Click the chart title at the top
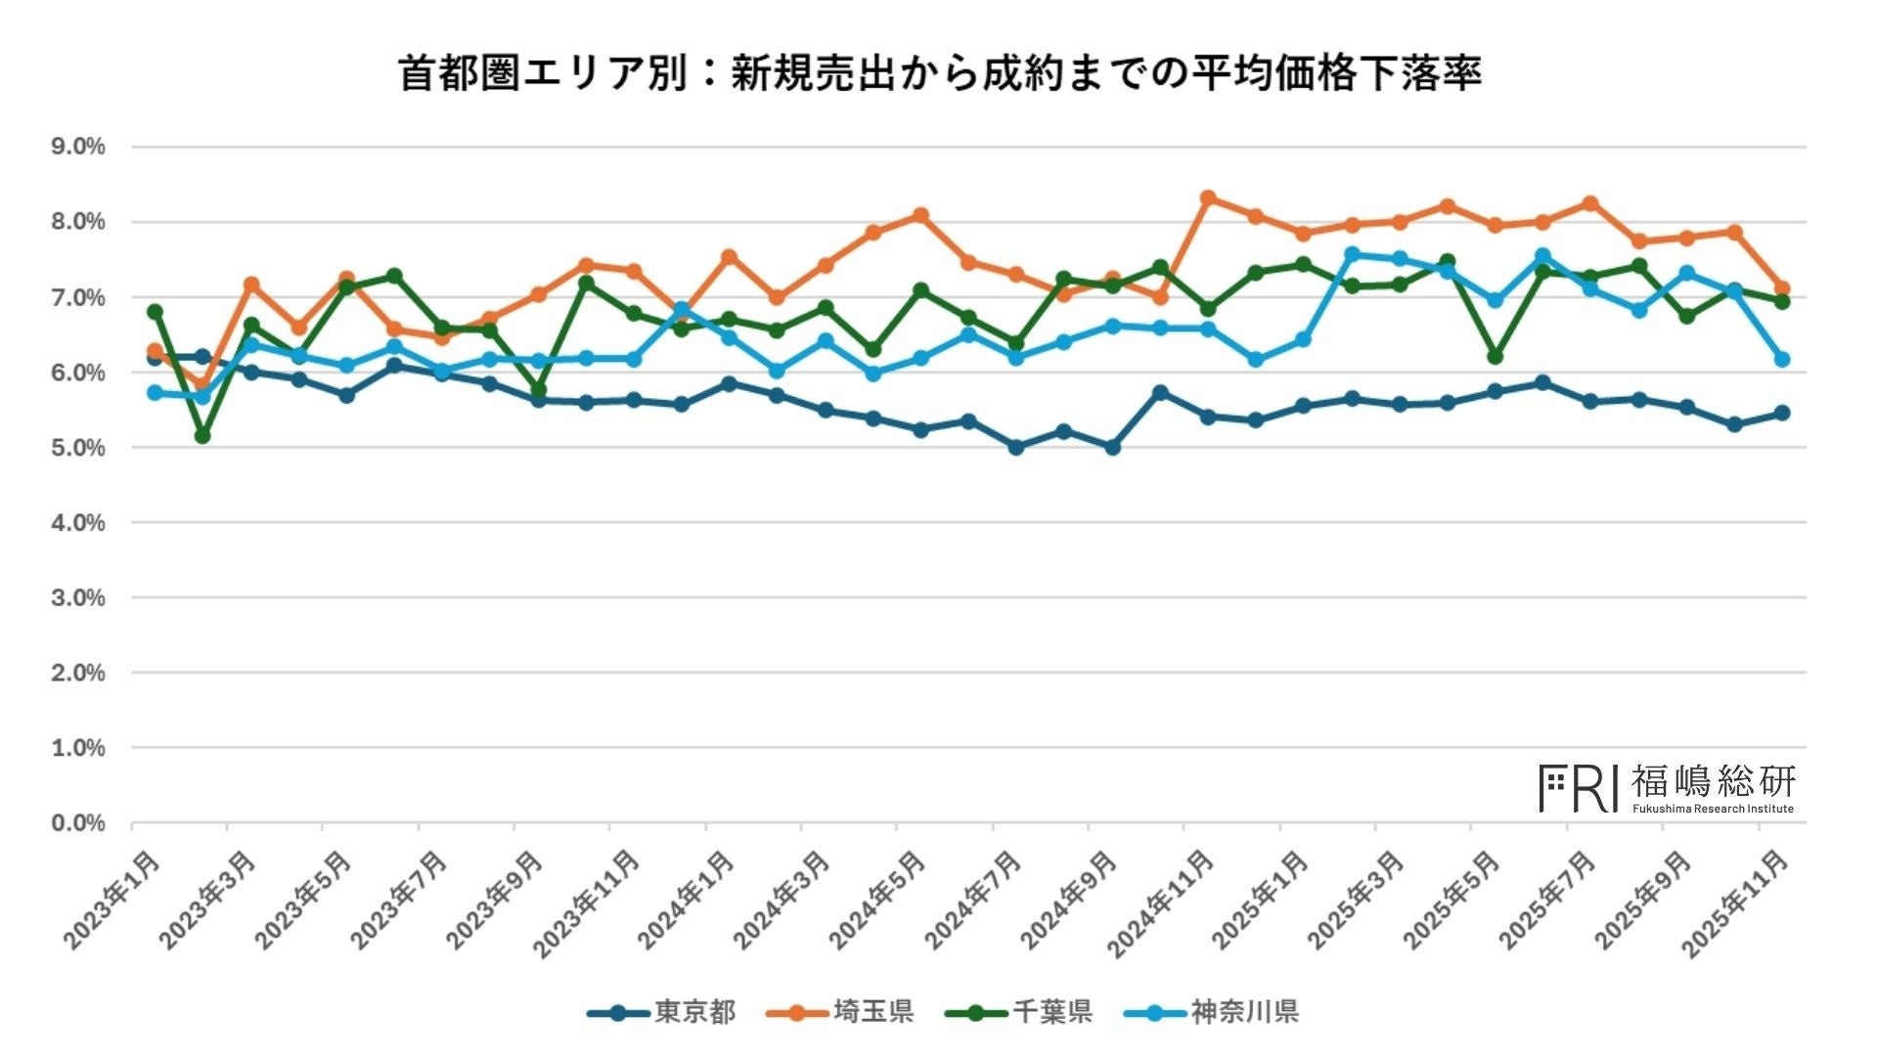pyautogui.click(x=939, y=74)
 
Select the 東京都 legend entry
pyautogui.click(x=694, y=1012)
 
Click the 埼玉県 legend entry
pyautogui.click(x=872, y=1012)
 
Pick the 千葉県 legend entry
pyautogui.click(x=1051, y=1012)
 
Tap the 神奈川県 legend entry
pyautogui.click(x=1243, y=1012)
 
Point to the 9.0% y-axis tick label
pyautogui.click(x=78, y=147)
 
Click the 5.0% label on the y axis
pyautogui.click(x=78, y=448)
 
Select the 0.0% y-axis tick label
pyautogui.click(x=78, y=823)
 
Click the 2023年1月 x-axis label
pyautogui.click(x=112, y=900)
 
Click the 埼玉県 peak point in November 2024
pyautogui.click(x=1208, y=198)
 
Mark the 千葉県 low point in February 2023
pyautogui.click(x=202, y=435)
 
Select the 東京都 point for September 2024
pyautogui.click(x=1112, y=447)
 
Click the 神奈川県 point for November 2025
pyautogui.click(x=1782, y=360)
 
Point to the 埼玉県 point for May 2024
pyautogui.click(x=920, y=215)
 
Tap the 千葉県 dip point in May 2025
pyautogui.click(x=1495, y=357)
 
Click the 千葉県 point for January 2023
pyautogui.click(x=155, y=312)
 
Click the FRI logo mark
pyautogui.click(x=1578, y=788)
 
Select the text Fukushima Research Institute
pyautogui.click(x=1713, y=809)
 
